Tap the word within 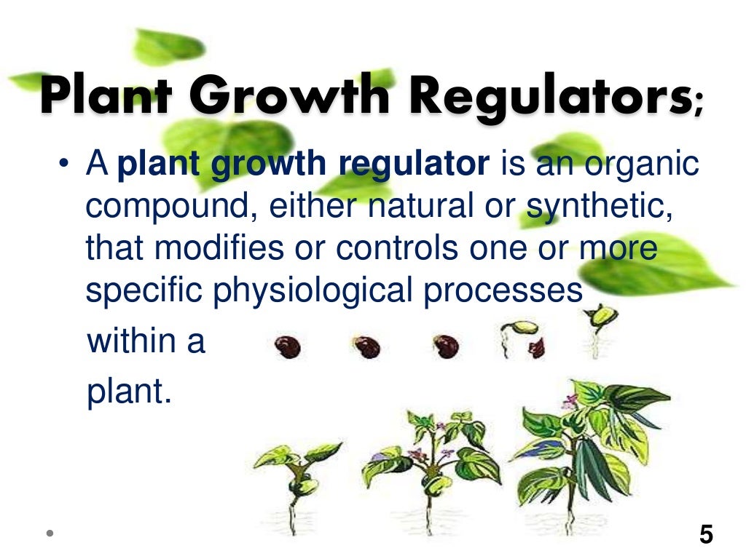128,341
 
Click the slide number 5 706,536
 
